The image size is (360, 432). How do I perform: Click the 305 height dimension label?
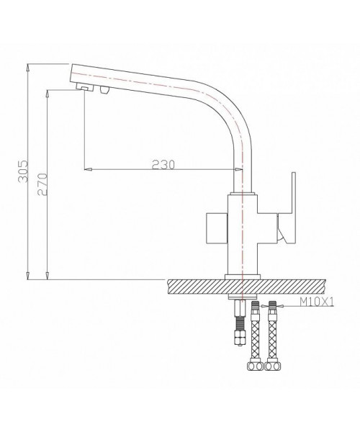point(23,171)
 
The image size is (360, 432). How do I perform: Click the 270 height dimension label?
point(42,184)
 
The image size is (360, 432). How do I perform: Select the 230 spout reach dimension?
point(163,164)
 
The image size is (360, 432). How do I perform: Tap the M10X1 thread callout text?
point(316,302)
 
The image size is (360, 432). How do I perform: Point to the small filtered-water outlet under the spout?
point(104,89)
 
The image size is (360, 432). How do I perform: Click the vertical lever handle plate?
point(290,208)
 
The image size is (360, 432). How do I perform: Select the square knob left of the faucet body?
point(217,228)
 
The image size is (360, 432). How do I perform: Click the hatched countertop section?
point(246,287)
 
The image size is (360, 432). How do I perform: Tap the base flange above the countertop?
point(243,277)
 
